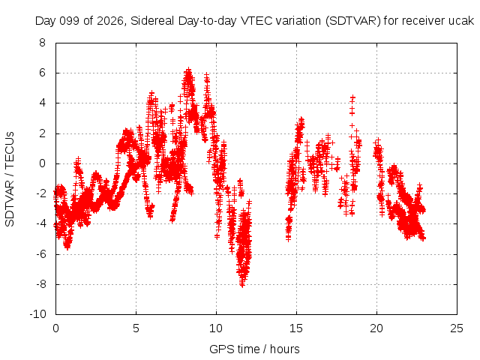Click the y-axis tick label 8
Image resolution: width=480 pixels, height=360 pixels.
[42, 43]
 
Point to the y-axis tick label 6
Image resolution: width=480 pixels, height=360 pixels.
[42, 73]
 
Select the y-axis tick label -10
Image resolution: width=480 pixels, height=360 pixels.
[38, 314]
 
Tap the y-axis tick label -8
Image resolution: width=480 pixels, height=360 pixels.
[40, 284]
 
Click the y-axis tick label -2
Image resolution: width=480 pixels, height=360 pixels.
[40, 193]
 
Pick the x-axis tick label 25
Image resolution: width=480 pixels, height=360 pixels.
[457, 328]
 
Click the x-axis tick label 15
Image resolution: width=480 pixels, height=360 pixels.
[296, 328]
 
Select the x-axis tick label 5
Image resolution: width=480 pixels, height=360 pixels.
[136, 328]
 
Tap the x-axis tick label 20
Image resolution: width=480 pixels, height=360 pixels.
[376, 328]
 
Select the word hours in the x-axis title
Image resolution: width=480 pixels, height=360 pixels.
[285, 349]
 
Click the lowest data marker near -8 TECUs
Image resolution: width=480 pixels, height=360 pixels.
[242, 285]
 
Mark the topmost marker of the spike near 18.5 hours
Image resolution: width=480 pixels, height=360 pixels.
[352, 97]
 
